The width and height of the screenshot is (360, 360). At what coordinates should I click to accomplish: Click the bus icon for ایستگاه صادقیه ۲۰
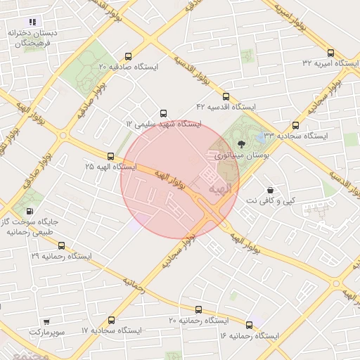click(x=127, y=56)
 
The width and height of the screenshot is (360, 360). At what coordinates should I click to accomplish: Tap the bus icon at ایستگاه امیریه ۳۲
click(x=330, y=53)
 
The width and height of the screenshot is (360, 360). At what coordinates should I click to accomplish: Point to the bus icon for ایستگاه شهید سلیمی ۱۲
click(x=164, y=113)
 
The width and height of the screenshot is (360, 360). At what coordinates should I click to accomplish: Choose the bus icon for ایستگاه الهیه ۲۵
click(x=110, y=156)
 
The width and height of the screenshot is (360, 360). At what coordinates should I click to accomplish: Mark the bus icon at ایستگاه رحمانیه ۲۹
click(x=61, y=246)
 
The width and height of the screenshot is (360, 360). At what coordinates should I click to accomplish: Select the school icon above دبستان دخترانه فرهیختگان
click(x=32, y=22)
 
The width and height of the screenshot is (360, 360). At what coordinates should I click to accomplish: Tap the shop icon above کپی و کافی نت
click(x=270, y=190)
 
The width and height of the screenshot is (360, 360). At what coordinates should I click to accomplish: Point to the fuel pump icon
click(x=29, y=210)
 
